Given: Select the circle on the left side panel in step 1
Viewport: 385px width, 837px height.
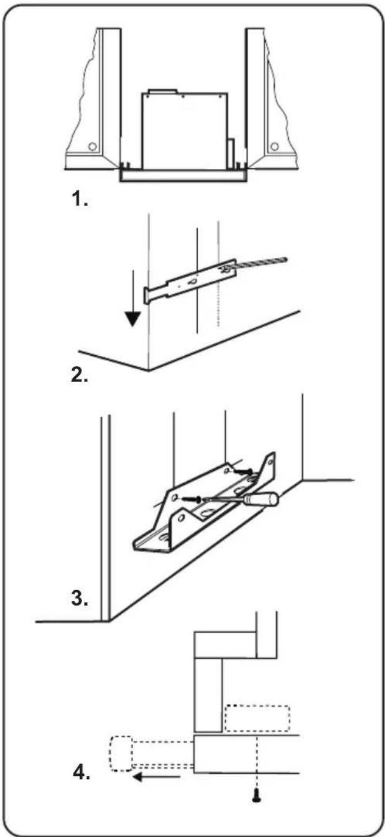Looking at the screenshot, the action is pos(92,147).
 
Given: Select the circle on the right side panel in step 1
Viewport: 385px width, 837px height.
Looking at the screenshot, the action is pos(274,147).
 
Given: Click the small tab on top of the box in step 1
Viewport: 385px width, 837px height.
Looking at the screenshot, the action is pos(163,91).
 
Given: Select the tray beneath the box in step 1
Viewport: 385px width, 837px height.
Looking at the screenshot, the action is pos(183,176).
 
